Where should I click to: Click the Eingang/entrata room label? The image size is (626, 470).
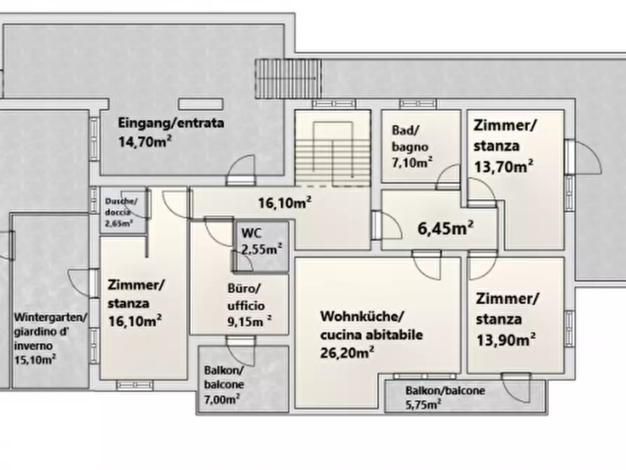point(171,123)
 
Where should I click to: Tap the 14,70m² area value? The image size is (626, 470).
point(145,141)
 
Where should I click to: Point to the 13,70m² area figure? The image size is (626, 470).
point(503,166)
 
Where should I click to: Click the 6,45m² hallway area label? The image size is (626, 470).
point(446,228)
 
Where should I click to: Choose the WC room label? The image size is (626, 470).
point(252,233)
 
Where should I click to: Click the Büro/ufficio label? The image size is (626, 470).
point(246,297)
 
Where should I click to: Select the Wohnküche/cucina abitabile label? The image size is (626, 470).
point(372,325)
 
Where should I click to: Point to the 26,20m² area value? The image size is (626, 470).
point(347,353)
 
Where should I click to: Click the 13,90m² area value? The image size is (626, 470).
point(506,340)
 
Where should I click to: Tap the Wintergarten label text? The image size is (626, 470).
point(50,317)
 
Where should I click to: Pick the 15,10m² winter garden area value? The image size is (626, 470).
point(35,359)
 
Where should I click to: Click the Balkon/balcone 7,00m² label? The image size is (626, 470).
point(224,384)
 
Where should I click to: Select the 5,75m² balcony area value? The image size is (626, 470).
point(423,405)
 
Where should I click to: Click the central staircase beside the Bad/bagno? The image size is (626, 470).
point(332,148)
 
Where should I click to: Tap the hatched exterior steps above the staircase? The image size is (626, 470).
point(288,79)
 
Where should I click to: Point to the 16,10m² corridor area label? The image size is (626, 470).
point(285,203)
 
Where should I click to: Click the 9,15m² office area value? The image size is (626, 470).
point(250,321)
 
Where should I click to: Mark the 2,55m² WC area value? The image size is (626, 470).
point(261,250)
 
